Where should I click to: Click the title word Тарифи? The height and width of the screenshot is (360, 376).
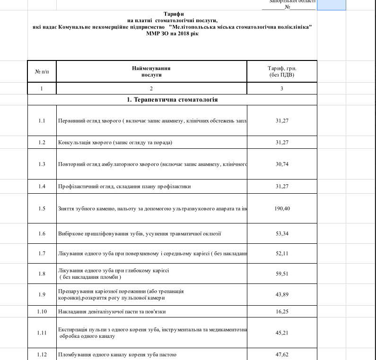pos(172,15)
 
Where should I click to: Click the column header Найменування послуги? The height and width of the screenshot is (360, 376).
pos(151,71)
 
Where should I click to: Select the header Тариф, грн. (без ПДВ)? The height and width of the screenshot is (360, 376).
pos(282,71)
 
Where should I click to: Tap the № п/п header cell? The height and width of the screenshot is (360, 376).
pos(42,71)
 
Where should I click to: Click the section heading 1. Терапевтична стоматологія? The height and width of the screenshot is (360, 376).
pos(172,100)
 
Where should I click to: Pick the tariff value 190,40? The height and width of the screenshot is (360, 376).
pos(282,208)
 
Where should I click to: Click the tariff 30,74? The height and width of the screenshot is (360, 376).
pos(282,164)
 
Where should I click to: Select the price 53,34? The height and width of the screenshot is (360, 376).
pos(282,233)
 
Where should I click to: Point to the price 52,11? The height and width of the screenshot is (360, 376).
pos(282,253)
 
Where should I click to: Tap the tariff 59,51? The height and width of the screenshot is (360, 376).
pos(282,273)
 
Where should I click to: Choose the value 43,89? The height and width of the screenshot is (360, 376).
pos(282,295)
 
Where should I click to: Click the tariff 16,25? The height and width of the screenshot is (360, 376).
pos(282,312)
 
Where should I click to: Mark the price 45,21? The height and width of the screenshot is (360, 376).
pos(282,333)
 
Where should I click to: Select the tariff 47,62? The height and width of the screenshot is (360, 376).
pos(282,354)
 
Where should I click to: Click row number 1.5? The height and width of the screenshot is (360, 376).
pos(42,208)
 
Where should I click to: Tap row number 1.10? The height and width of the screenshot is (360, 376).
pos(42,312)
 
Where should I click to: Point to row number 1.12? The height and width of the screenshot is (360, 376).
pos(42,354)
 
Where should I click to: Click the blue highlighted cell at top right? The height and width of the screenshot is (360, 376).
pos(331,5)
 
